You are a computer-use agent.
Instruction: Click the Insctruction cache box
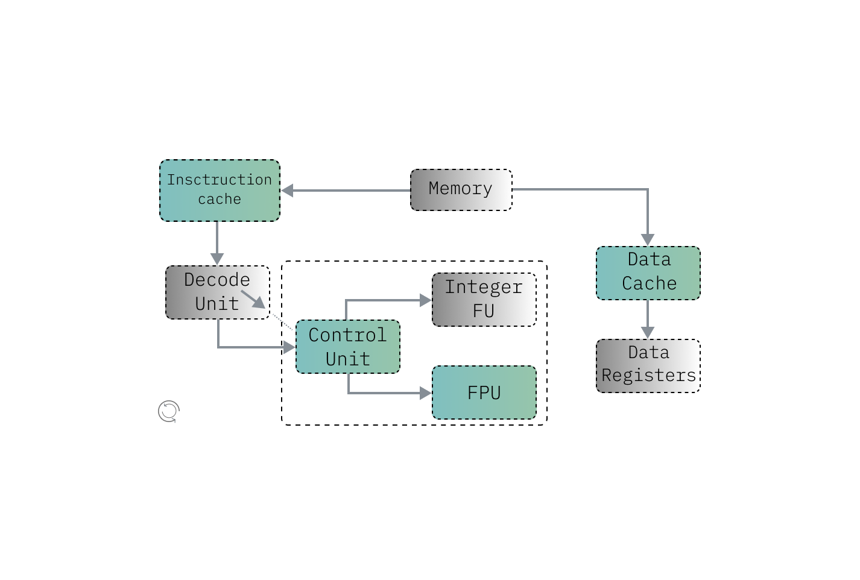click(220, 191)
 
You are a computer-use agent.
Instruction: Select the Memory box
click(461, 190)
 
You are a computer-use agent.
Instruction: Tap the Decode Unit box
click(217, 292)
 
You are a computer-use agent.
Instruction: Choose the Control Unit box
click(347, 347)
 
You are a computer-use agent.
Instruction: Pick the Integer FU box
click(484, 300)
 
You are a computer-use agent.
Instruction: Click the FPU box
click(484, 392)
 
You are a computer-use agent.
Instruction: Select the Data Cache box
click(648, 273)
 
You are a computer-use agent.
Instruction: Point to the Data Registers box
click(648, 365)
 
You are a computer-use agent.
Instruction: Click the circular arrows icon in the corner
click(169, 411)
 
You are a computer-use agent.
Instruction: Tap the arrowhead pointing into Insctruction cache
click(287, 191)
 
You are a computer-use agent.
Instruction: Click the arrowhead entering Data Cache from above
click(648, 240)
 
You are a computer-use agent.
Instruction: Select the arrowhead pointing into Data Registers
click(648, 333)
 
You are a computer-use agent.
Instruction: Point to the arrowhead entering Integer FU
click(426, 300)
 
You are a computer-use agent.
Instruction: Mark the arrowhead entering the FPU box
click(426, 393)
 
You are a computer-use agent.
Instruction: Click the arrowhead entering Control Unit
click(289, 347)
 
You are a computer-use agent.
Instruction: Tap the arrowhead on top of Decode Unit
click(217, 259)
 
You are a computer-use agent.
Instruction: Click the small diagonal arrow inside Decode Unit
click(254, 300)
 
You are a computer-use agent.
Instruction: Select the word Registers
click(649, 376)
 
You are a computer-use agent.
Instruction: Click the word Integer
click(484, 287)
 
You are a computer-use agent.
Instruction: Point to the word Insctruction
click(220, 180)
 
